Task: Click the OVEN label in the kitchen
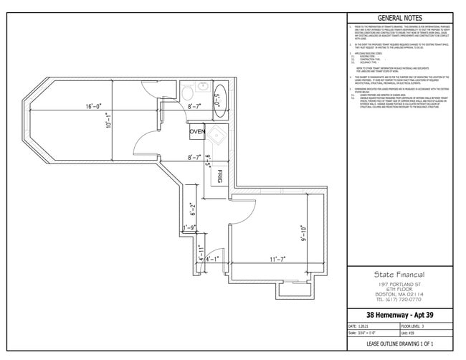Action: coord(197,132)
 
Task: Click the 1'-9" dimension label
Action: coord(189,229)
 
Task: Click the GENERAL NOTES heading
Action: coord(399,18)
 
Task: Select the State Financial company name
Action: coord(399,275)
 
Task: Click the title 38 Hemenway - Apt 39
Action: coord(399,315)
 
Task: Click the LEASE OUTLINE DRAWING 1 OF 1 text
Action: coord(399,344)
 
